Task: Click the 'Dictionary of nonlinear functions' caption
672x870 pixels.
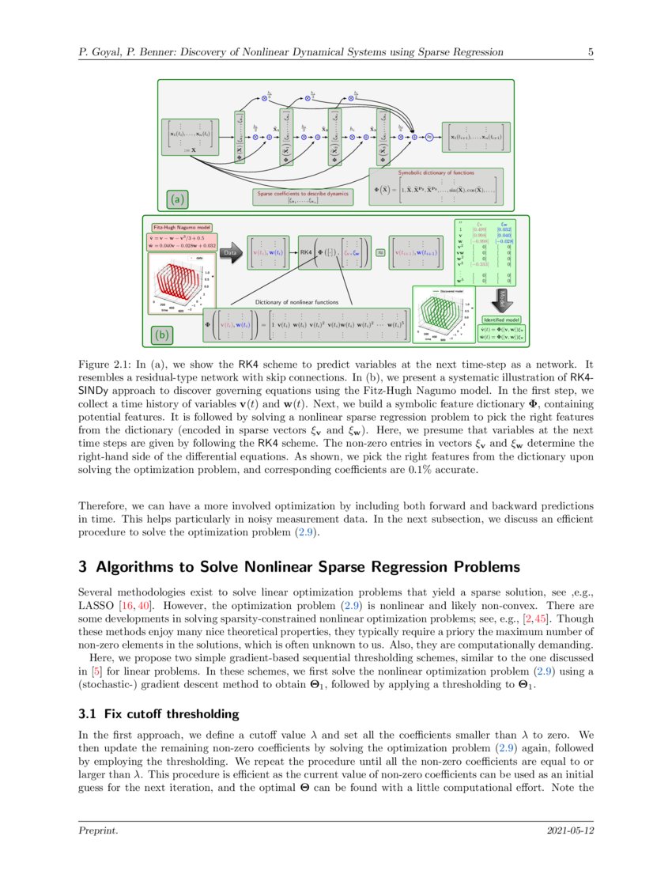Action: pyautogui.click(x=298, y=301)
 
